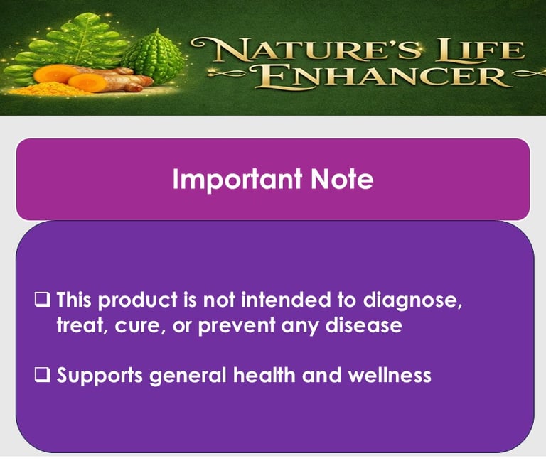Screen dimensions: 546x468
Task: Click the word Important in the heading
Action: click(237, 180)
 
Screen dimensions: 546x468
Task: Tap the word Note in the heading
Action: click(342, 179)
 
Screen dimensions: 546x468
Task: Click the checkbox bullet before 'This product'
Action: click(42, 300)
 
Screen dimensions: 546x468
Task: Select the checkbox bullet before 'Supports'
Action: click(42, 375)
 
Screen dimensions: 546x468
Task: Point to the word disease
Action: click(364, 325)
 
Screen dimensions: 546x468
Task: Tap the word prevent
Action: click(237, 327)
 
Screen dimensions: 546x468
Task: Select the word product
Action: click(138, 300)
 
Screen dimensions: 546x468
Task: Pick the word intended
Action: click(286, 299)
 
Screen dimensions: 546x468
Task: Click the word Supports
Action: click(100, 376)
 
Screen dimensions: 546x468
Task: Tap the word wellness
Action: click(390, 375)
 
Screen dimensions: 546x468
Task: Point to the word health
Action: click(264, 375)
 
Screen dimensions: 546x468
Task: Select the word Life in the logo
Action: click(481, 50)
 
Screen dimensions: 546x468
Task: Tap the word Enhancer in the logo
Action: click(380, 76)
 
